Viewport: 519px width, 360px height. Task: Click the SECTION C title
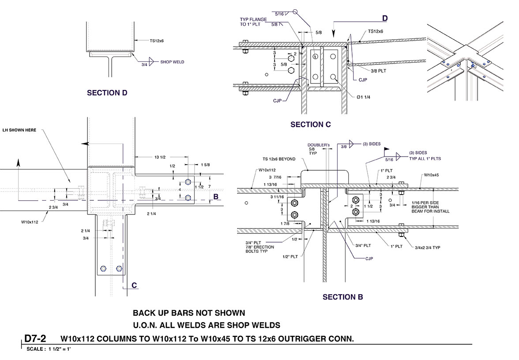pyautogui.click(x=310, y=124)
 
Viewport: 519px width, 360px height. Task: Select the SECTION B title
pyautogui.click(x=342, y=297)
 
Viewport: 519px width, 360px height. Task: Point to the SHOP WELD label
pyautogui.click(x=172, y=62)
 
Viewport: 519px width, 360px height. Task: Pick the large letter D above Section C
pyautogui.click(x=385, y=18)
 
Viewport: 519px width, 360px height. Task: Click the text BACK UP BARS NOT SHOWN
pyautogui.click(x=189, y=313)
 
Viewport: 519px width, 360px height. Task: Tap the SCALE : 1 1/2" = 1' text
pyautogui.click(x=49, y=349)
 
